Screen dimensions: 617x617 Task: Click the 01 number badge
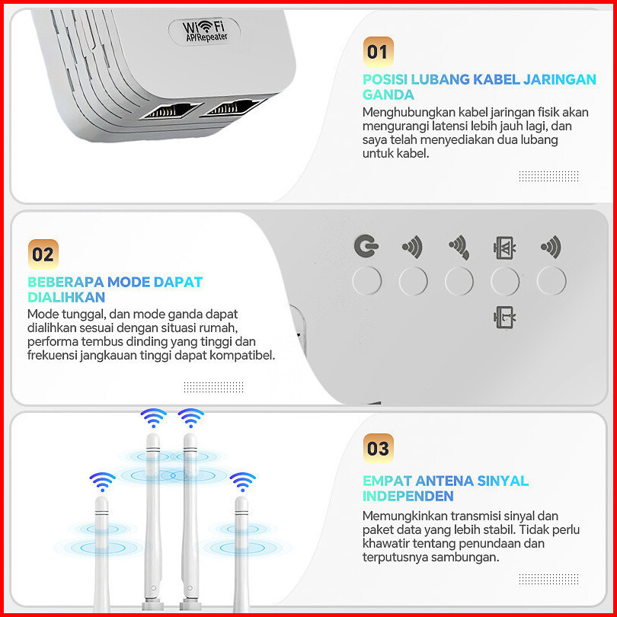tap(378, 52)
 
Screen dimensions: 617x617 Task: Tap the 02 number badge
tap(43, 254)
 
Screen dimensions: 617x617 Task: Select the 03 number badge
tap(378, 448)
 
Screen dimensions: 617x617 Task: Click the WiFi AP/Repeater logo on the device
tap(205, 31)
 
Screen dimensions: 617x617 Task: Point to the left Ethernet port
tap(171, 110)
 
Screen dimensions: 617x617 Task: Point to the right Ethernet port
tap(233, 107)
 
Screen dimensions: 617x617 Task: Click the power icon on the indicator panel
tap(366, 246)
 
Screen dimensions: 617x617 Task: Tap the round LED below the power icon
tap(366, 280)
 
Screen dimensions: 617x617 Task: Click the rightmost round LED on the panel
tap(551, 280)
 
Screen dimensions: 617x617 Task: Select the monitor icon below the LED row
tap(505, 317)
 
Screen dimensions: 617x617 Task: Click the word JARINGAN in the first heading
tap(560, 79)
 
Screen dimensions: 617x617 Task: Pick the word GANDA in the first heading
tap(388, 94)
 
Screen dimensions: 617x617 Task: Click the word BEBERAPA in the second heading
tap(66, 282)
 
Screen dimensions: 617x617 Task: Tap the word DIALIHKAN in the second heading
tap(66, 297)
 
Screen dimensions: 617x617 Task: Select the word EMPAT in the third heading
tap(387, 481)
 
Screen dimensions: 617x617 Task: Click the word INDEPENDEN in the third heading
tap(408, 496)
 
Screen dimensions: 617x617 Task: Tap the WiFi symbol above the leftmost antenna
tap(102, 481)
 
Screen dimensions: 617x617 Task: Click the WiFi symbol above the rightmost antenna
tap(242, 481)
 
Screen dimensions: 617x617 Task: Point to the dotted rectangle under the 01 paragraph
tap(548, 176)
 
